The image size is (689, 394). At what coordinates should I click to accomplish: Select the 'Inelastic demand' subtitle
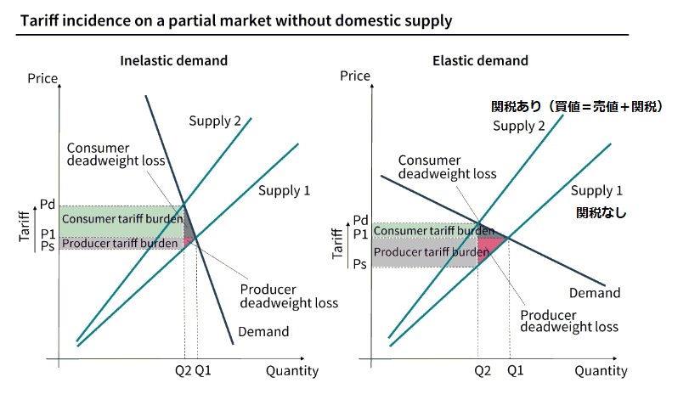point(174,61)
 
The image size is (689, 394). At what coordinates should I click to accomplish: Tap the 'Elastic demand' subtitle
point(480,61)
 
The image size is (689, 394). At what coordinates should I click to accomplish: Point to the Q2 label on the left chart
point(184,370)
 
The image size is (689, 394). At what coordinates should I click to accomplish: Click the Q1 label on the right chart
point(515,371)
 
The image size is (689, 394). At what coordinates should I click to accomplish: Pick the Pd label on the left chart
point(48,205)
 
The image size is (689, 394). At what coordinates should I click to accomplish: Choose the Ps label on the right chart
point(359,264)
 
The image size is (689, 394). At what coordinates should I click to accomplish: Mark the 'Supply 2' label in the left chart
point(215,121)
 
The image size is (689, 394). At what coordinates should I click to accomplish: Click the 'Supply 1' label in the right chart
point(596,190)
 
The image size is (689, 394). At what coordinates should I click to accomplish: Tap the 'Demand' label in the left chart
point(263,331)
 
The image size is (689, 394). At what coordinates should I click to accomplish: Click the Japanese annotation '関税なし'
point(601,213)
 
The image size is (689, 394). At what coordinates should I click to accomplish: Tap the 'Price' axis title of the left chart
point(42,79)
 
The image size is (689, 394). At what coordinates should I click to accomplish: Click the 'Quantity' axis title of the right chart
point(601,371)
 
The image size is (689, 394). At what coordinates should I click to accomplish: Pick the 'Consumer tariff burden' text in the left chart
point(122,219)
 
